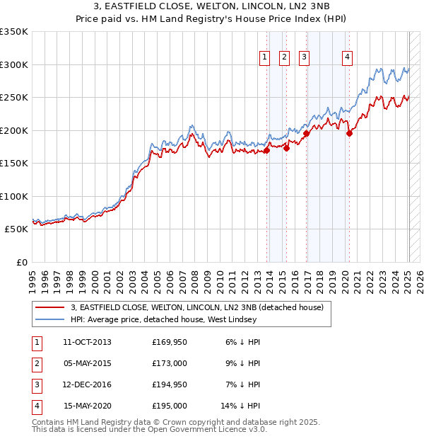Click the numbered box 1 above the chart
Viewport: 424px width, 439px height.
coord(264,58)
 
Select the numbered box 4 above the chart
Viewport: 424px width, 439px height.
coord(348,58)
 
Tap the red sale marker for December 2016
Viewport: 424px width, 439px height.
coord(307,133)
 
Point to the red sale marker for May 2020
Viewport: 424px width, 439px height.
coord(349,133)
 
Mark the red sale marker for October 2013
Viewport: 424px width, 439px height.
coord(267,150)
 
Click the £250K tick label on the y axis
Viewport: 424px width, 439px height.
coord(14,97)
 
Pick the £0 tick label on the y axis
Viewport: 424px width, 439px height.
coord(22,262)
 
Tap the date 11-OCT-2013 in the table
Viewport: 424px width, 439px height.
coord(88,342)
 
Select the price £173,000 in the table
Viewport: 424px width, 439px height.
coord(169,363)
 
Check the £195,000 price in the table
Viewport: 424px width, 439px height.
coord(169,406)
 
